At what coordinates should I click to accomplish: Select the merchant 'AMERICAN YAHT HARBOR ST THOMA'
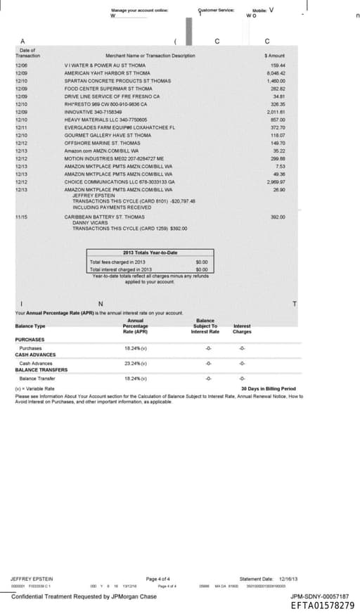coord(107,72)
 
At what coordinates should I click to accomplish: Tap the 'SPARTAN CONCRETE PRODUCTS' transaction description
coord(117,81)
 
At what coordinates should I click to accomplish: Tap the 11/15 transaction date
coord(21,217)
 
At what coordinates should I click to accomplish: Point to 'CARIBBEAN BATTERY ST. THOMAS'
coord(104,217)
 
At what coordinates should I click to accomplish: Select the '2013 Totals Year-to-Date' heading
coord(150,252)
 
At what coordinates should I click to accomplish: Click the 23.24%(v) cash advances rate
coord(134,363)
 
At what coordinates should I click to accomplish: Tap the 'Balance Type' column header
coord(30,326)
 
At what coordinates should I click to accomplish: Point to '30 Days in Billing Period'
coord(268,388)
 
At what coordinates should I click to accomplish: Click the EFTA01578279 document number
coord(321,604)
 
